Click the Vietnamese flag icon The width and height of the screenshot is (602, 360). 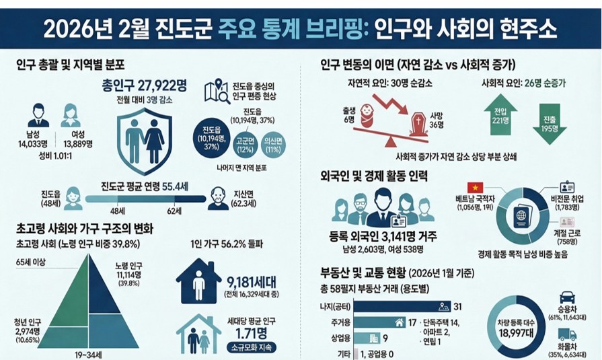tap(476, 187)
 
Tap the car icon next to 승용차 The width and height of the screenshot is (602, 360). tap(566, 297)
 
